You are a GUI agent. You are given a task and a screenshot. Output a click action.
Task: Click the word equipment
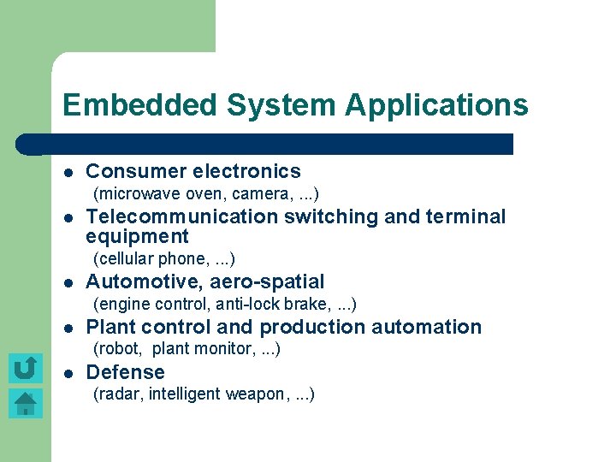tap(137, 236)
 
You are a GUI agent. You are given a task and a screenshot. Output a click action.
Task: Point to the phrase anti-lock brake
tap(273, 304)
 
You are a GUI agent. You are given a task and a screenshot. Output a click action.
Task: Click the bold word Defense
tap(125, 372)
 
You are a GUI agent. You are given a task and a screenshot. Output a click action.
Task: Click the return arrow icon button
tap(26, 368)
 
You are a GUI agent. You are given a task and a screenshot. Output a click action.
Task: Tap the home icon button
tap(26, 403)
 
